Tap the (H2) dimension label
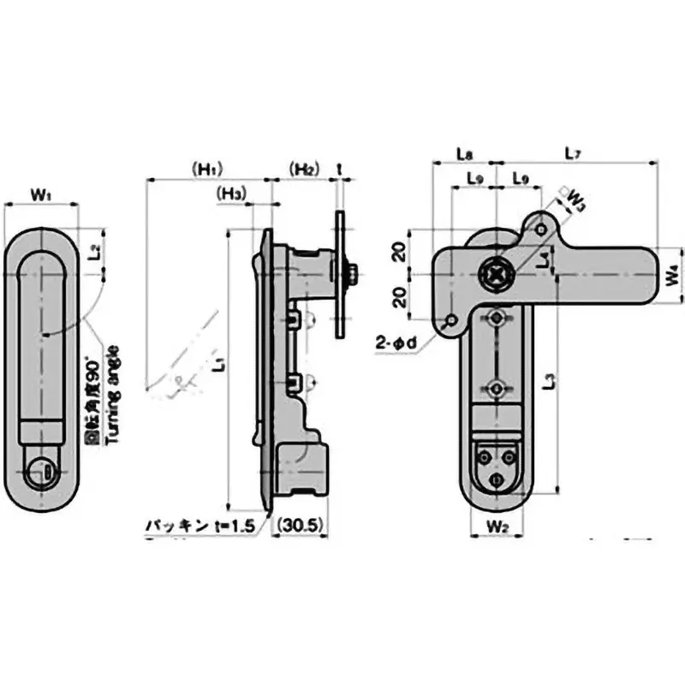tap(304, 168)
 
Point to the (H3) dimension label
tap(232, 194)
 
